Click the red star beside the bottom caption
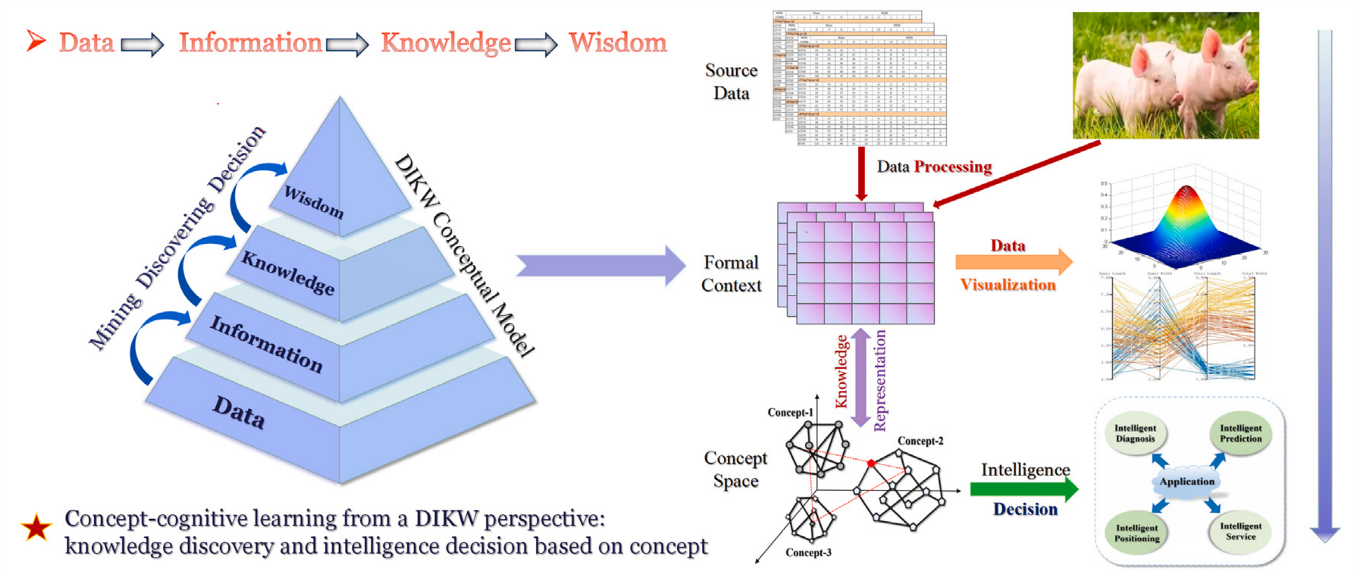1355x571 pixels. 36,527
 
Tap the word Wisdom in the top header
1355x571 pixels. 617,42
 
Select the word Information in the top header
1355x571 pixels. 250,42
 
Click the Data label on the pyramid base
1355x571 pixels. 239,412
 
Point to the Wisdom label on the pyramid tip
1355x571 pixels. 314,202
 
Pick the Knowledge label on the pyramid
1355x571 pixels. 288,273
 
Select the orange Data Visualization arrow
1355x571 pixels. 1013,262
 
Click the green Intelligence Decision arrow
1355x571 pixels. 1023,489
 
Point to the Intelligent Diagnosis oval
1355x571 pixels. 1135,434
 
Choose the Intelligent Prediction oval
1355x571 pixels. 1240,434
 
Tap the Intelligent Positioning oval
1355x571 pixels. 1137,533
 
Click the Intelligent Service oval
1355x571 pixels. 1240,531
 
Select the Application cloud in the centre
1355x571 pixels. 1186,482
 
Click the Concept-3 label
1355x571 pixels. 808,552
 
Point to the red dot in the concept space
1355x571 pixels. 871,464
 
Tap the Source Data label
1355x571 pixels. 731,82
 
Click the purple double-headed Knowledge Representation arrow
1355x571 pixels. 860,377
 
